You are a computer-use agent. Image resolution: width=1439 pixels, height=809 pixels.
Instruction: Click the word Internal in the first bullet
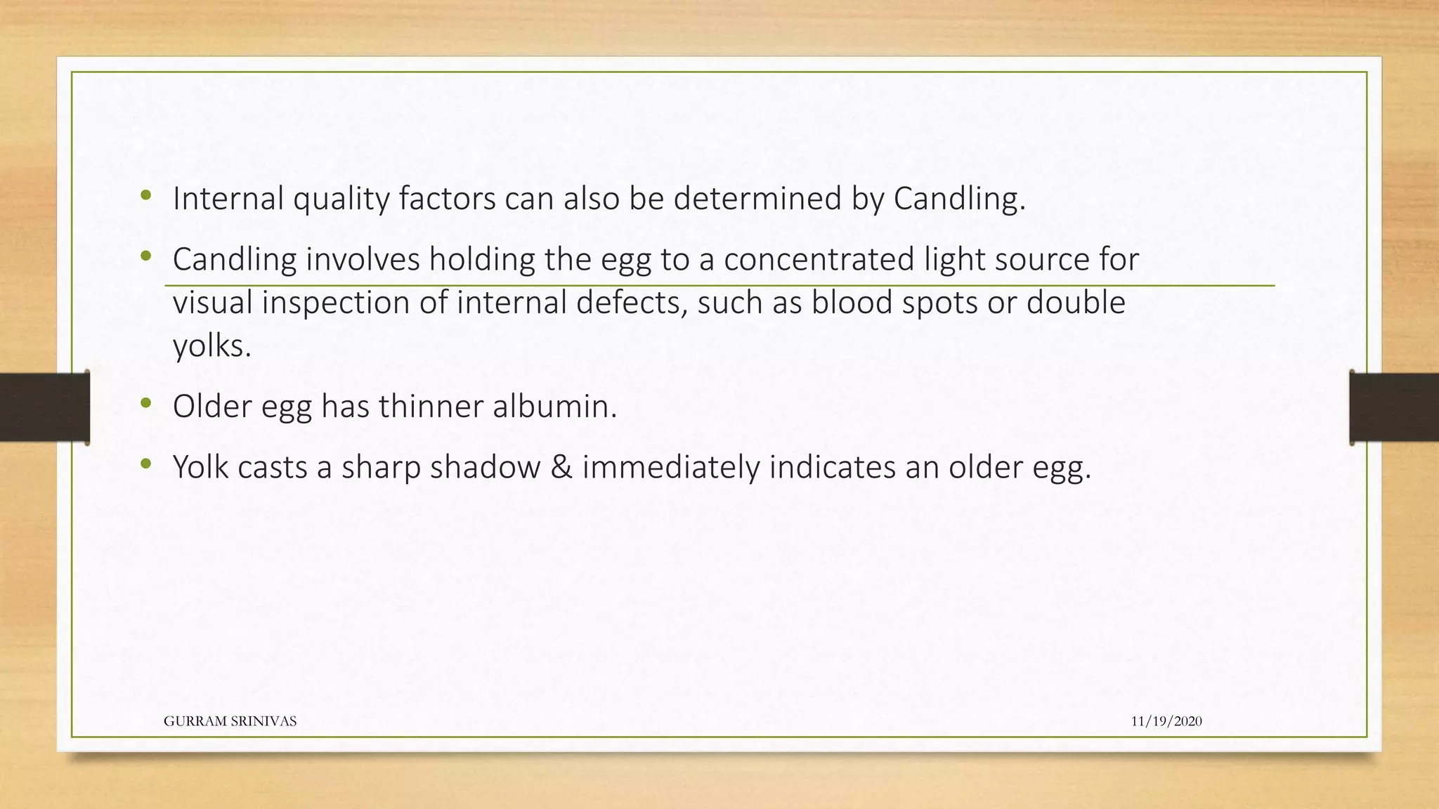228,199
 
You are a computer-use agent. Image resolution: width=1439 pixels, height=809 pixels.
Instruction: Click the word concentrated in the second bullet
819,259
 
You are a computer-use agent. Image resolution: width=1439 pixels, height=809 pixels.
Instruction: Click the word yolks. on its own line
211,346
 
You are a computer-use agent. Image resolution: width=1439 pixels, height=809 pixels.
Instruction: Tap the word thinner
431,407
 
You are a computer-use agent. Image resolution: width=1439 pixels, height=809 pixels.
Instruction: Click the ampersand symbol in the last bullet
561,468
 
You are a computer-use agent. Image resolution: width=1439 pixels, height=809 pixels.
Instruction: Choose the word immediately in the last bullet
670,468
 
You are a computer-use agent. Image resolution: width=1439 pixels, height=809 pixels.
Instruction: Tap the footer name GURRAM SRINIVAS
230,721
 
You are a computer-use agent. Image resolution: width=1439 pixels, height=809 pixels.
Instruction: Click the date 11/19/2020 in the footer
1166,721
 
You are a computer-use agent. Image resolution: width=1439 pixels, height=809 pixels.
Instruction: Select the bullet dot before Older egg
145,403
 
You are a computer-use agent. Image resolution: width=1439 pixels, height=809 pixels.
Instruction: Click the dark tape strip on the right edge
1394,407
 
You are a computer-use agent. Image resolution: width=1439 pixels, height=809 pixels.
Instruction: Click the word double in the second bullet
1076,303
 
